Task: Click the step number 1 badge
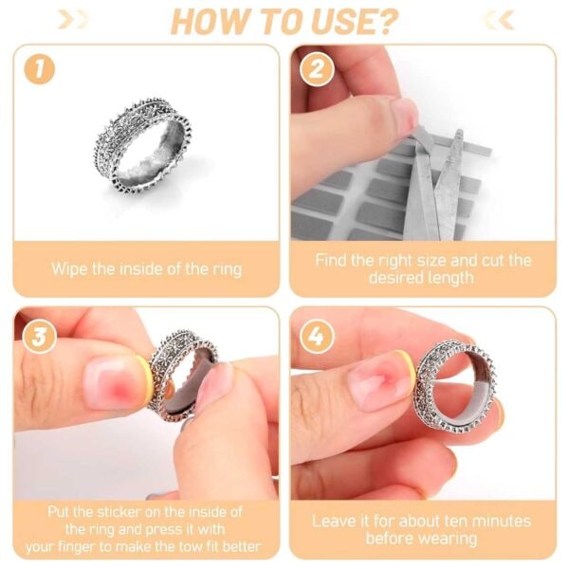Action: (40, 69)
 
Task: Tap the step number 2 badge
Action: (317, 69)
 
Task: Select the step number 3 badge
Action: (40, 337)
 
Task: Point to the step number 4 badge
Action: (317, 337)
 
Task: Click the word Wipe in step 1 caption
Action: (69, 269)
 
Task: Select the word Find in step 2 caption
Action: (329, 261)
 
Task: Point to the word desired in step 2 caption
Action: (395, 278)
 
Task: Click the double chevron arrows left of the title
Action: (73, 19)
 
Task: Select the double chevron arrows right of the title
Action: (500, 19)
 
